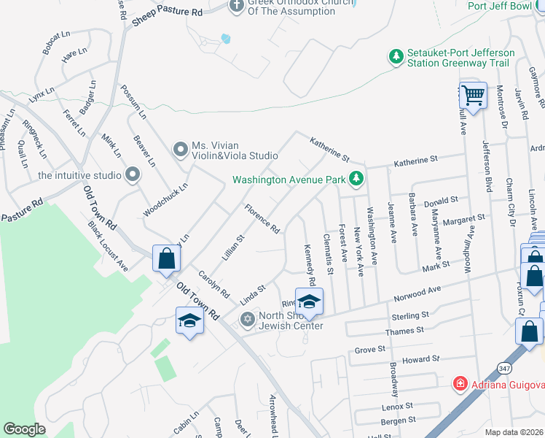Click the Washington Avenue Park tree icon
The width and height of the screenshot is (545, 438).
tap(356, 178)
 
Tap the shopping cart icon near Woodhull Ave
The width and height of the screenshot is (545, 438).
tap(474, 96)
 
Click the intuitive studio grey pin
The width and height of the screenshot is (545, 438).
tap(132, 174)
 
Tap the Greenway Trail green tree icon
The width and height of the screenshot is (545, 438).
tap(396, 57)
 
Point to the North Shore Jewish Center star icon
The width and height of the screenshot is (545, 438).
tap(247, 319)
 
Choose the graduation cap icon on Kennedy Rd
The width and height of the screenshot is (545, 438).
tap(309, 301)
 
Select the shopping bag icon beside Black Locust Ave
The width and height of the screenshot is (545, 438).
tap(166, 258)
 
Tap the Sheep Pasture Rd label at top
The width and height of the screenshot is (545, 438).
tap(167, 13)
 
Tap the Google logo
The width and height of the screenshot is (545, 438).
tap(24, 429)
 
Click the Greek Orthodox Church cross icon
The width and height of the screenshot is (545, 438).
tap(235, 7)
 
